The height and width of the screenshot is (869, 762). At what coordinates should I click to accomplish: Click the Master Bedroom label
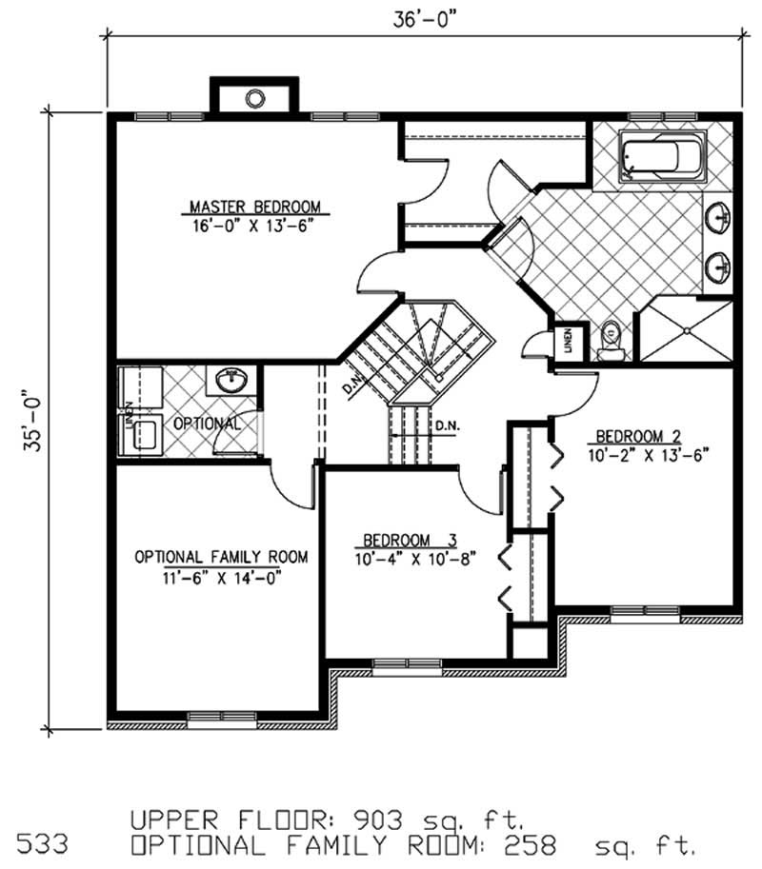coord(254,206)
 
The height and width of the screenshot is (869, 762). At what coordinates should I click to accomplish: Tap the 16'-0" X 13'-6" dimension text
coord(254,226)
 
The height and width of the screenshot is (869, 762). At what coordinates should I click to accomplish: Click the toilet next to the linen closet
coord(611,339)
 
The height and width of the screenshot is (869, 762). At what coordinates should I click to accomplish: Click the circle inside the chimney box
coord(255,97)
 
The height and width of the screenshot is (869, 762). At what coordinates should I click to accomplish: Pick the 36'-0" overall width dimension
coord(423,20)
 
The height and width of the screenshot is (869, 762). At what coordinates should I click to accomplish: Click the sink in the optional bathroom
coord(229,381)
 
